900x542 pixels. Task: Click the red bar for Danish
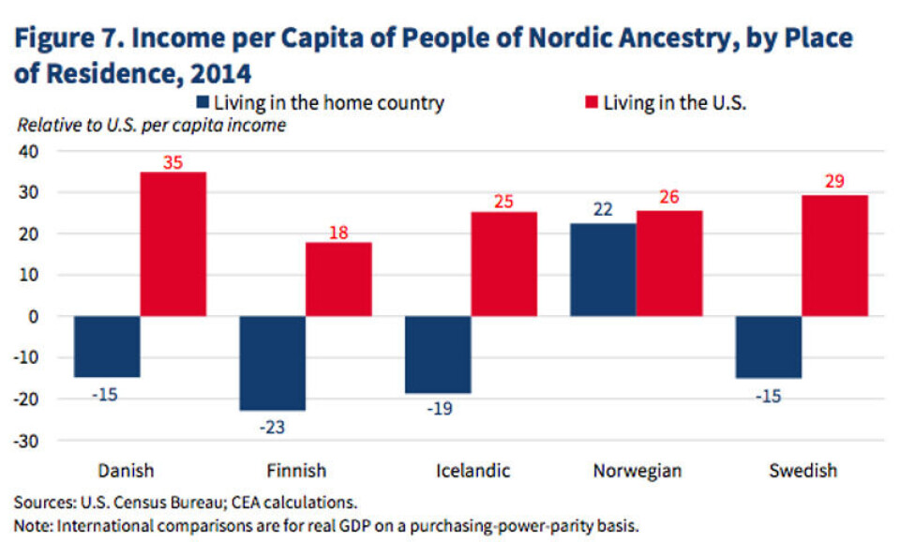tap(173, 244)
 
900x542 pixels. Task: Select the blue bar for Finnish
tap(273, 363)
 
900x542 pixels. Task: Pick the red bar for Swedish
tap(834, 255)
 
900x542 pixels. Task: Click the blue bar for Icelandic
tap(438, 354)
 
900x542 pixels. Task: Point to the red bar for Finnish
tap(338, 279)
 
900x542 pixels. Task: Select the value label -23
tap(271, 427)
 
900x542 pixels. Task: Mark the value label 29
tap(835, 184)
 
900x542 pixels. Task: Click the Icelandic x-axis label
tap(471, 470)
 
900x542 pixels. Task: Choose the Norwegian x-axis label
tap(637, 470)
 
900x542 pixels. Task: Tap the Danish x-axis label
tap(126, 470)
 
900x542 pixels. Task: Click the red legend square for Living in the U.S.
tap(591, 102)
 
